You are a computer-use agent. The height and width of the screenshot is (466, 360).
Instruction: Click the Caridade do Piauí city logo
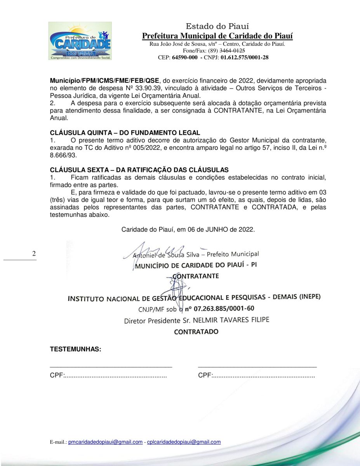click(80, 41)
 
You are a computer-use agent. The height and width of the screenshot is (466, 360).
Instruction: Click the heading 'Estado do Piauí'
click(217, 26)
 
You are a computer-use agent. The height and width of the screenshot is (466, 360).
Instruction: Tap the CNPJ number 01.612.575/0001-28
click(244, 57)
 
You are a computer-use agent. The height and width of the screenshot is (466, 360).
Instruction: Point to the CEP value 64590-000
click(185, 57)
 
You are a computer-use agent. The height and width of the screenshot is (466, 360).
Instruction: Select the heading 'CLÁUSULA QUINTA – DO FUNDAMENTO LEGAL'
click(125, 132)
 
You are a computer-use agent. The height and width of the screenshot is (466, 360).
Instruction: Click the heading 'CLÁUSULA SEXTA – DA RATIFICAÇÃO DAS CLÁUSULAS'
click(139, 170)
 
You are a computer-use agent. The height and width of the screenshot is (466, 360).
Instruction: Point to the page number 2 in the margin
click(34, 254)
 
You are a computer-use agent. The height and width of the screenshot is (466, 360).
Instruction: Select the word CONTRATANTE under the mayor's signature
click(196, 276)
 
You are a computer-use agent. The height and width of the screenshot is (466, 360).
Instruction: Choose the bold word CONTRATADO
click(196, 332)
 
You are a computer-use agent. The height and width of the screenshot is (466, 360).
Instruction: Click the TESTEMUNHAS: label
click(75, 349)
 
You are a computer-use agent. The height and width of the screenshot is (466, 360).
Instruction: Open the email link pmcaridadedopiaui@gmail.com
click(105, 442)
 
